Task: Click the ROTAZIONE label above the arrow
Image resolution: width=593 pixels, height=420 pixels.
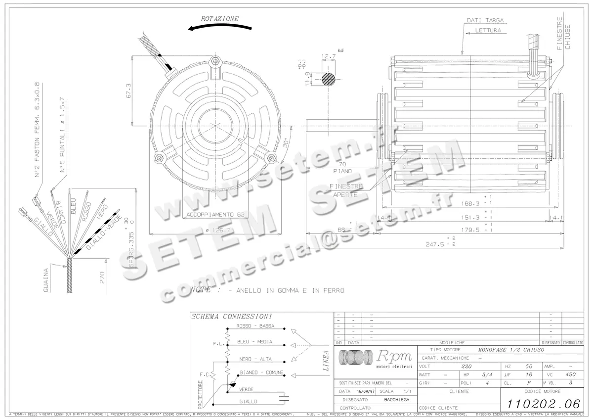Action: click(219, 19)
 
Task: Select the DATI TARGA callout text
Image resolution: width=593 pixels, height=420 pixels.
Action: click(485, 21)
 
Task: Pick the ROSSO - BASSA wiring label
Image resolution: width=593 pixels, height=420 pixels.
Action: click(255, 326)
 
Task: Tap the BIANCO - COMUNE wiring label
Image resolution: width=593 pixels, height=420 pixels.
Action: click(260, 372)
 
